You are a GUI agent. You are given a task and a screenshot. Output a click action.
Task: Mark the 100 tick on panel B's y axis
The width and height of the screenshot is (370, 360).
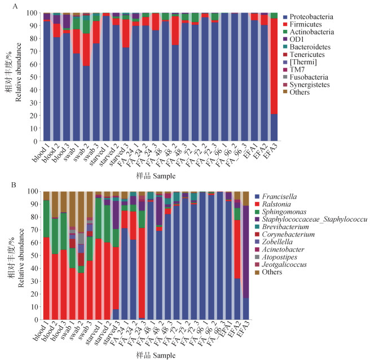33,191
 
